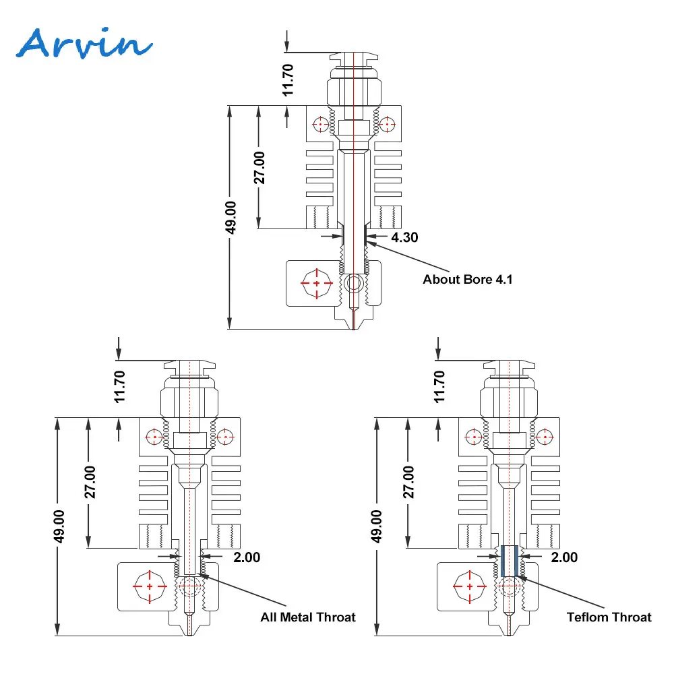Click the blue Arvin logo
point(84,43)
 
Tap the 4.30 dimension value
point(404,237)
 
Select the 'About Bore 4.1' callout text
point(468,280)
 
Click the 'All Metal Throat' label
point(308,617)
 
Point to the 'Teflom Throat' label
point(609,617)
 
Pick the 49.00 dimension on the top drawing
point(231,218)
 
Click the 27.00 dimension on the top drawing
point(259,168)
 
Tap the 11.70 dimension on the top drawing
point(288,80)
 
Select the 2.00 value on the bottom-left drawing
point(247,557)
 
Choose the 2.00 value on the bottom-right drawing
point(564,557)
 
